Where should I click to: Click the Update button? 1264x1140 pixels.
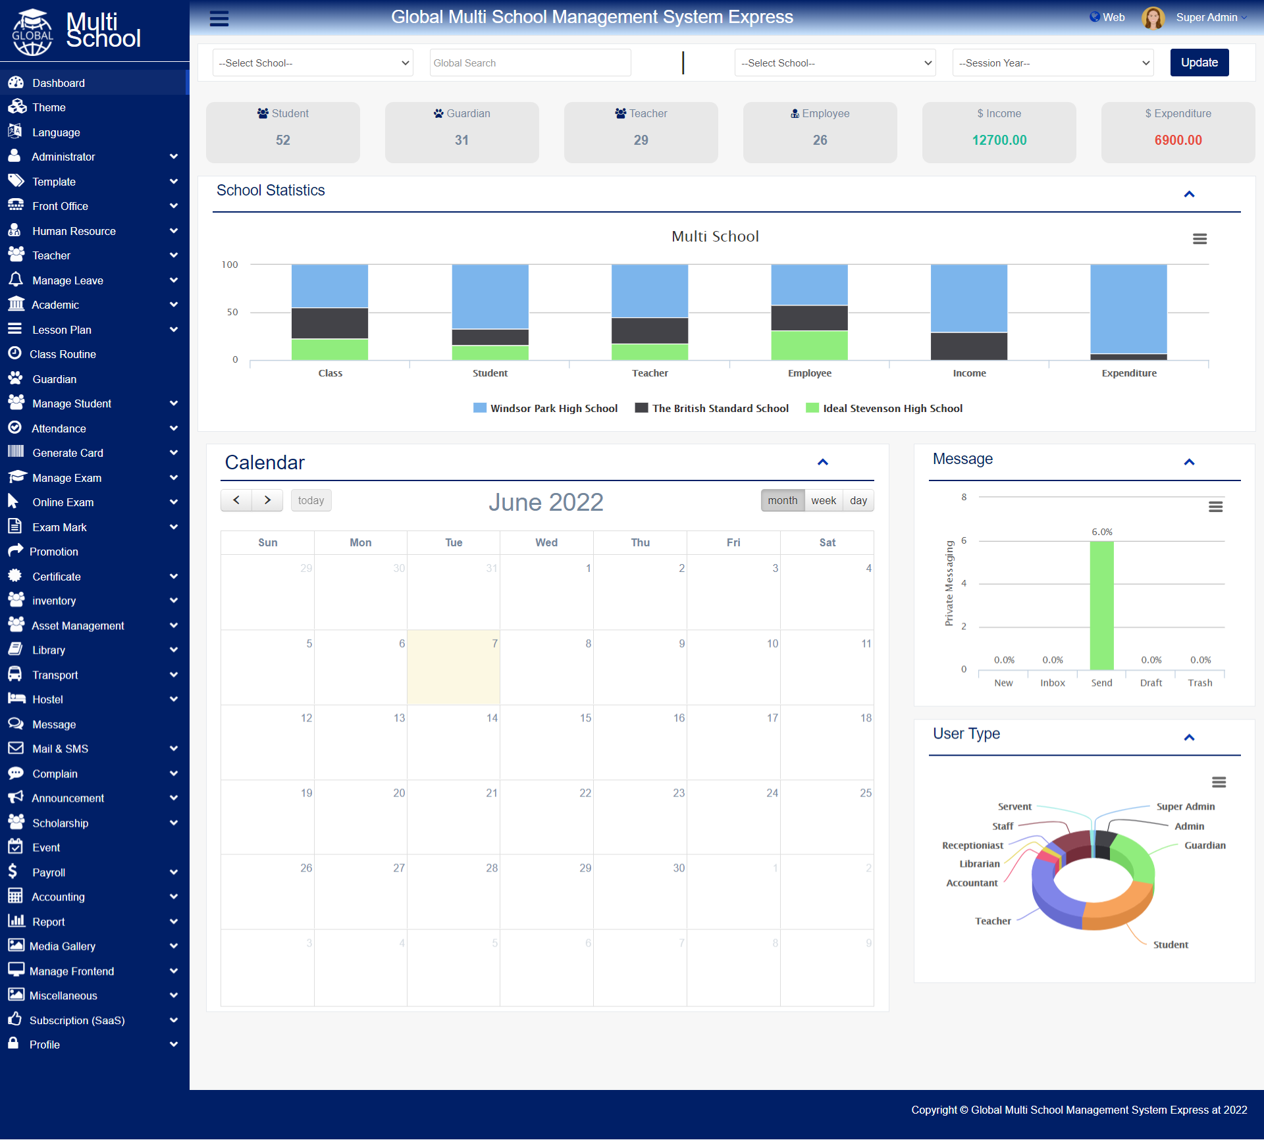point(1199,63)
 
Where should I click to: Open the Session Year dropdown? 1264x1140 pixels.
point(1053,63)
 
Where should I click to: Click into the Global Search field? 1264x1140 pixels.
point(530,63)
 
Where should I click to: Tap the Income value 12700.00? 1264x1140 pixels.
point(999,140)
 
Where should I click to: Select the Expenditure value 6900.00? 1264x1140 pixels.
point(1178,140)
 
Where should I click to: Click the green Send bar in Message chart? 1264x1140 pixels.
point(1101,606)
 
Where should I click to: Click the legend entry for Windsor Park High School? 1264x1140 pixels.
point(546,408)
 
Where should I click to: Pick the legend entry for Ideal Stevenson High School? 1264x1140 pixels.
point(884,408)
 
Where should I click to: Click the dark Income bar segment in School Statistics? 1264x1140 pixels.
point(969,346)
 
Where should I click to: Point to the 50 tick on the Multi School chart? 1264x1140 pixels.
point(232,312)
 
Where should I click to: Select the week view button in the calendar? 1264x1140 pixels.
point(824,500)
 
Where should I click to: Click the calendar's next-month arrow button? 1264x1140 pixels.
point(267,500)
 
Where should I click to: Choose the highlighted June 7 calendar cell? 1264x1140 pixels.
point(454,667)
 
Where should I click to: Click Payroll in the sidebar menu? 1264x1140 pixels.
point(49,872)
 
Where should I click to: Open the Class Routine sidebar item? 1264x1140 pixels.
point(63,354)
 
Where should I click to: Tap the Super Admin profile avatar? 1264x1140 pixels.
point(1153,18)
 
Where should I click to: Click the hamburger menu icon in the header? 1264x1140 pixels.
point(219,18)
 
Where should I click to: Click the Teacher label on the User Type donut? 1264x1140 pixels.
point(993,921)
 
